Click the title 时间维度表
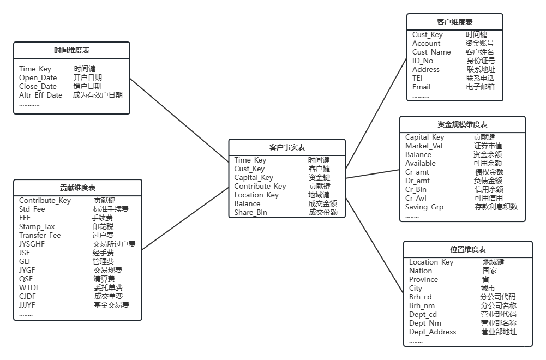71,51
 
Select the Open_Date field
38,78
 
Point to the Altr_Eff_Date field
41,95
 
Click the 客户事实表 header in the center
287,148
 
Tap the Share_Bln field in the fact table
250,213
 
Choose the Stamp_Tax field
37,227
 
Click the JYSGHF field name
32,244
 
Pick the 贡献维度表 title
77,188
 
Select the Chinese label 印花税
103,227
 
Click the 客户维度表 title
455,22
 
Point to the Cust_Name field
431,52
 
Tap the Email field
421,87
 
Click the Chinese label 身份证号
481,61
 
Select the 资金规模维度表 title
462,125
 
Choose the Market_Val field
424,146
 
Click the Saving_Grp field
424,207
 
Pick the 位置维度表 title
467,250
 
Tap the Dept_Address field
433,332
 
